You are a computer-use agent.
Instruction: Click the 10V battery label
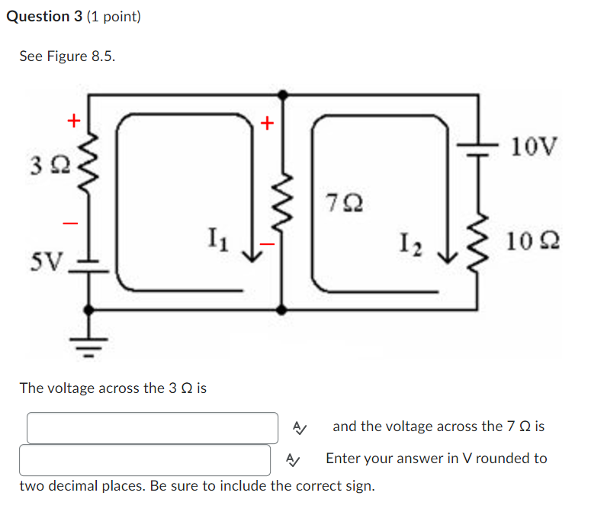point(534,146)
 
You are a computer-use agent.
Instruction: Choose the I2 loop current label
point(410,245)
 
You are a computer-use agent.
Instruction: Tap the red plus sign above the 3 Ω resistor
point(73,120)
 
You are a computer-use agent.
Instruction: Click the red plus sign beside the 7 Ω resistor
point(266,122)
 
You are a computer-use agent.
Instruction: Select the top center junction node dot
point(282,95)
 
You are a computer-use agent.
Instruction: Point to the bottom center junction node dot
point(282,310)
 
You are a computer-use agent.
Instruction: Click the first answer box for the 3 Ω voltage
point(153,428)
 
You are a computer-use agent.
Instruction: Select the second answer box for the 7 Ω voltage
point(145,460)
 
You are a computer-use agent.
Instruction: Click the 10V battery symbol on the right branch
point(477,148)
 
